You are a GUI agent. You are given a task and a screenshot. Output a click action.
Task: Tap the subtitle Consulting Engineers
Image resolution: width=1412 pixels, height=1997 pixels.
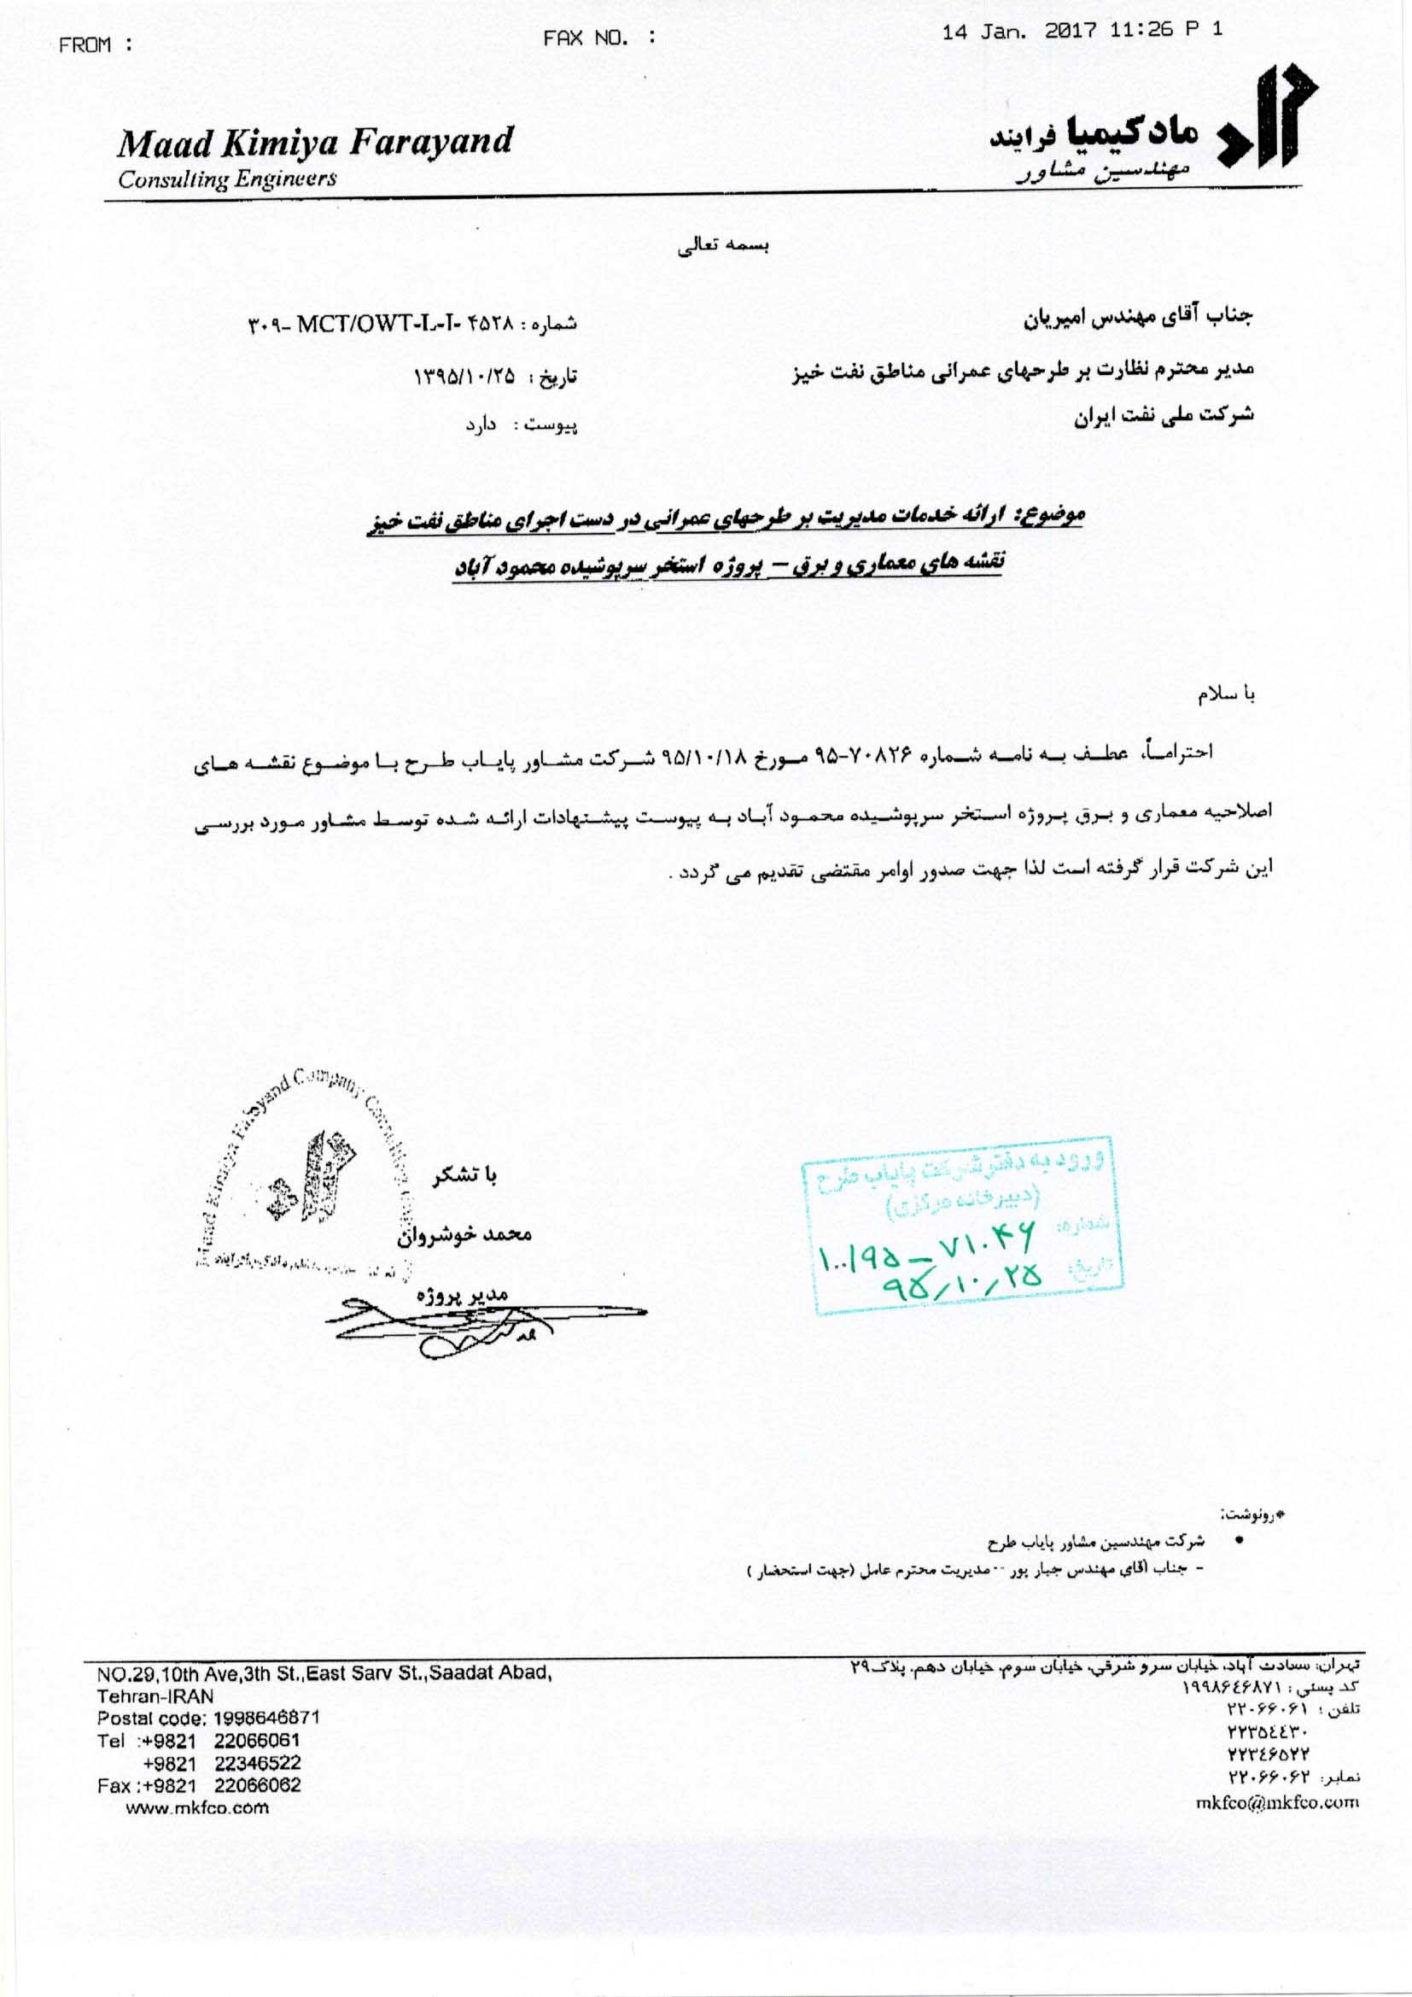[228, 179]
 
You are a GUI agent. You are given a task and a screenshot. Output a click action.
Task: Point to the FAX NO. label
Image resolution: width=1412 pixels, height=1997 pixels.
[598, 38]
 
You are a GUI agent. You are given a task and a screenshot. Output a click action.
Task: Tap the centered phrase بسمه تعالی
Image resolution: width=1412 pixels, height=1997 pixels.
[723, 245]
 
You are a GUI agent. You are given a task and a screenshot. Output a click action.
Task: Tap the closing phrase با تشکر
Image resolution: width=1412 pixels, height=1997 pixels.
[465, 1175]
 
